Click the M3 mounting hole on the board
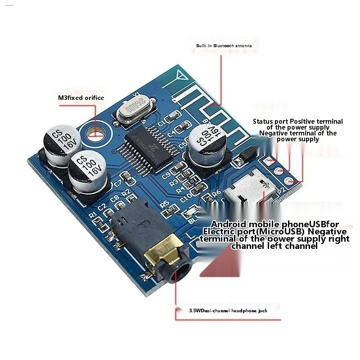(x=96, y=132)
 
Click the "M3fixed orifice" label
(x=81, y=98)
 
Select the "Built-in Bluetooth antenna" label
(x=224, y=46)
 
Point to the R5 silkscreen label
(x=164, y=203)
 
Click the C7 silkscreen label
(x=118, y=183)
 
